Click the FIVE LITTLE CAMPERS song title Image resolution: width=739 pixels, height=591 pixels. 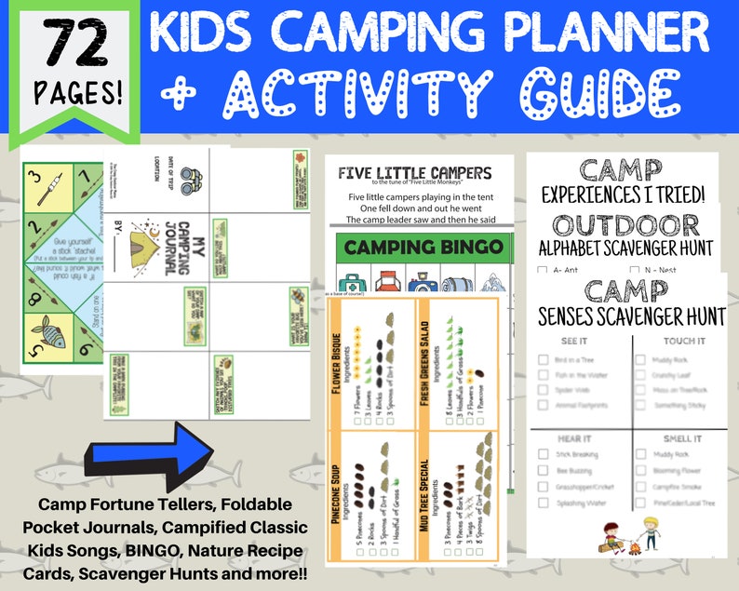click(x=414, y=172)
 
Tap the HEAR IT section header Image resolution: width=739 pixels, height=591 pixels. click(x=573, y=437)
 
